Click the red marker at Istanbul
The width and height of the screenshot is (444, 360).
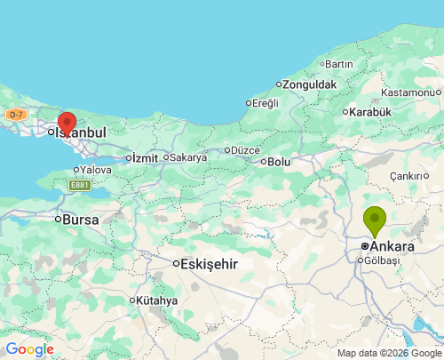coord(67,123)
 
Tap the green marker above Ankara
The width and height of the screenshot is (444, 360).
coord(375,219)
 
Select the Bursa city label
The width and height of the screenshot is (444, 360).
coord(80,219)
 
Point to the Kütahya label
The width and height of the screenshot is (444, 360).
coord(156,300)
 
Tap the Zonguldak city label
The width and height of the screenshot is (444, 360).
coord(310,84)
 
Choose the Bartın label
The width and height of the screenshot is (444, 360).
coord(339,64)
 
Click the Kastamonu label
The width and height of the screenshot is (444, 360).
coord(410,92)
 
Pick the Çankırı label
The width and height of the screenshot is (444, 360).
coord(408,176)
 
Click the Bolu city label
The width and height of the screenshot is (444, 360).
coord(279,162)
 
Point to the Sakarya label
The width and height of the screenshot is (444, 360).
coord(187,157)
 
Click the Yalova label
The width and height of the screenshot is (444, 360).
coord(96,169)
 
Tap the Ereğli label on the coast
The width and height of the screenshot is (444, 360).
coord(265,103)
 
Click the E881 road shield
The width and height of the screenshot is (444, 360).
coord(80,185)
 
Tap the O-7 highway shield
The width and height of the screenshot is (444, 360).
coord(15,115)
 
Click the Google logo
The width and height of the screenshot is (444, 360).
coord(29,349)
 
